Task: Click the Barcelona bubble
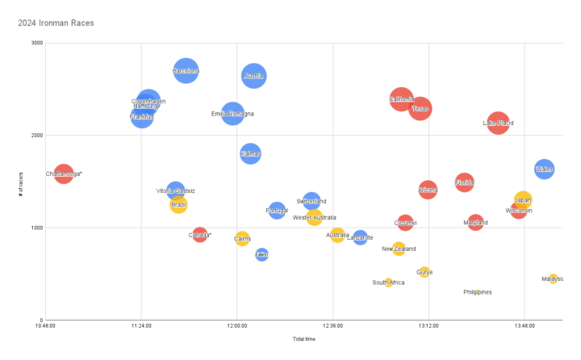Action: click(186, 71)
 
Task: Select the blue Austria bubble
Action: click(253, 76)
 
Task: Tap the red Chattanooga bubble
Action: click(64, 173)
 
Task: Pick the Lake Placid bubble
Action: click(498, 123)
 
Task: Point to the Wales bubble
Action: click(544, 169)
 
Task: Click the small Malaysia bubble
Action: click(553, 278)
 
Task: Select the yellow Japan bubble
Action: click(523, 199)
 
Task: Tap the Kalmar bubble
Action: click(250, 153)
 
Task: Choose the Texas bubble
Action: click(420, 108)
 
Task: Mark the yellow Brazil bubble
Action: click(178, 204)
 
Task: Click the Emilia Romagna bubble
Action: click(232, 114)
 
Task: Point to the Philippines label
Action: click(478, 292)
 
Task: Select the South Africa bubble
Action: click(389, 283)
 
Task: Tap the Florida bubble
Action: click(464, 183)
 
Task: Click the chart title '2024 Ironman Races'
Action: click(56, 23)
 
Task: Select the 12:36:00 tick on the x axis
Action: click(332, 326)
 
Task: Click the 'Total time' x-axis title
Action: click(303, 339)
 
